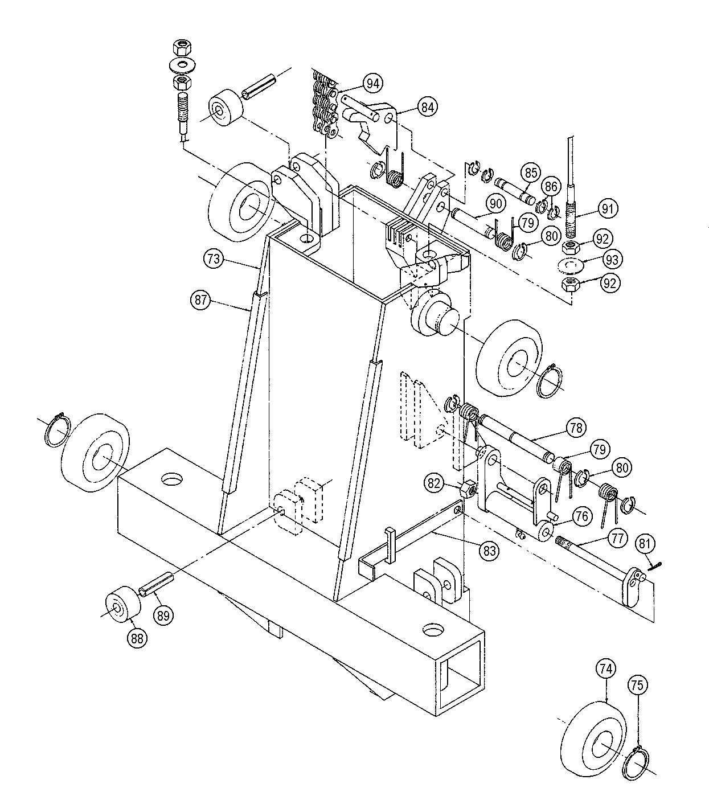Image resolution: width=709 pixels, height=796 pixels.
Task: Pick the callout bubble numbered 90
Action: point(495,203)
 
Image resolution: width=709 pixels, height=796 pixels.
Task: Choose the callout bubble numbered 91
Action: point(608,209)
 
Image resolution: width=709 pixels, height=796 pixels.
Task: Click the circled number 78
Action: point(575,427)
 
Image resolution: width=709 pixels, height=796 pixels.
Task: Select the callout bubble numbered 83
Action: point(490,551)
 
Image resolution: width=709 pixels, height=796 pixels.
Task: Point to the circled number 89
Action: point(164,615)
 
